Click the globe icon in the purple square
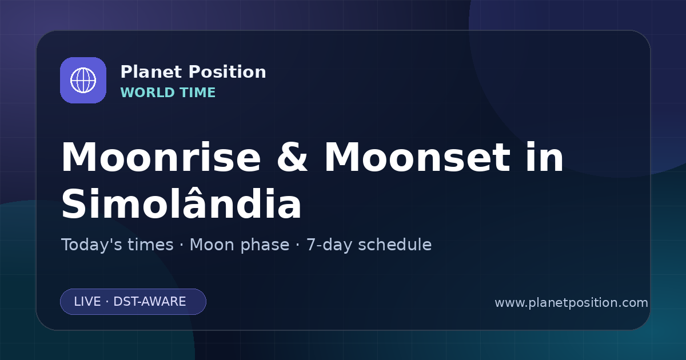tap(83, 80)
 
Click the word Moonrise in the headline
tap(161, 157)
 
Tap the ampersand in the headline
tap(292, 157)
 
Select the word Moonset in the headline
tap(417, 157)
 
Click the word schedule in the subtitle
tap(395, 245)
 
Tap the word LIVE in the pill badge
tap(87, 302)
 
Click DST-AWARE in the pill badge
tap(149, 302)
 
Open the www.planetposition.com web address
tap(571, 303)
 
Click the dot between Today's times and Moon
tap(182, 245)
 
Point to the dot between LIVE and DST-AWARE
tap(107, 302)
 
